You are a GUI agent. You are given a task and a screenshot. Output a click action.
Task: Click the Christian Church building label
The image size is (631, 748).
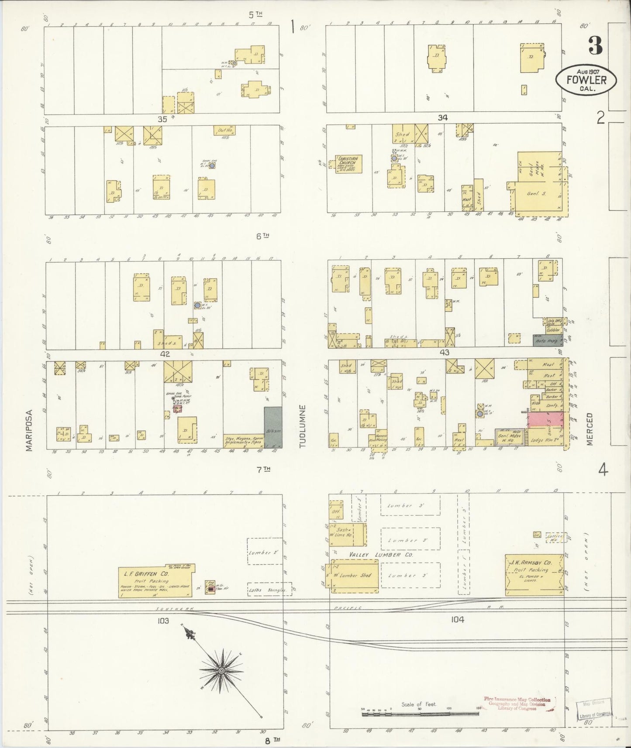point(347,161)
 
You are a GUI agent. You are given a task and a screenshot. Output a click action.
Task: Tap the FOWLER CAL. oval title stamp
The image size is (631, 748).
point(586,80)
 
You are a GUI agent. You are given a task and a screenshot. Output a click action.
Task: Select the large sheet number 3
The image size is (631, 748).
point(595,45)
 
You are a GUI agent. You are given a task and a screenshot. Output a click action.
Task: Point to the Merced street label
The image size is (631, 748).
point(590,429)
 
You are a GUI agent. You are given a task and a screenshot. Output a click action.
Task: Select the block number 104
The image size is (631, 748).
point(457,619)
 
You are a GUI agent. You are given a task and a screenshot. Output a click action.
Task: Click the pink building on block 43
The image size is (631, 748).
point(546,420)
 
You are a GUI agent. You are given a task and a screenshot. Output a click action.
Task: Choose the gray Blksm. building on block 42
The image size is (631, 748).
point(273,428)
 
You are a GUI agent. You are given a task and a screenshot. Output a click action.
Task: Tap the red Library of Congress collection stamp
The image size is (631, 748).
point(517,703)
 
